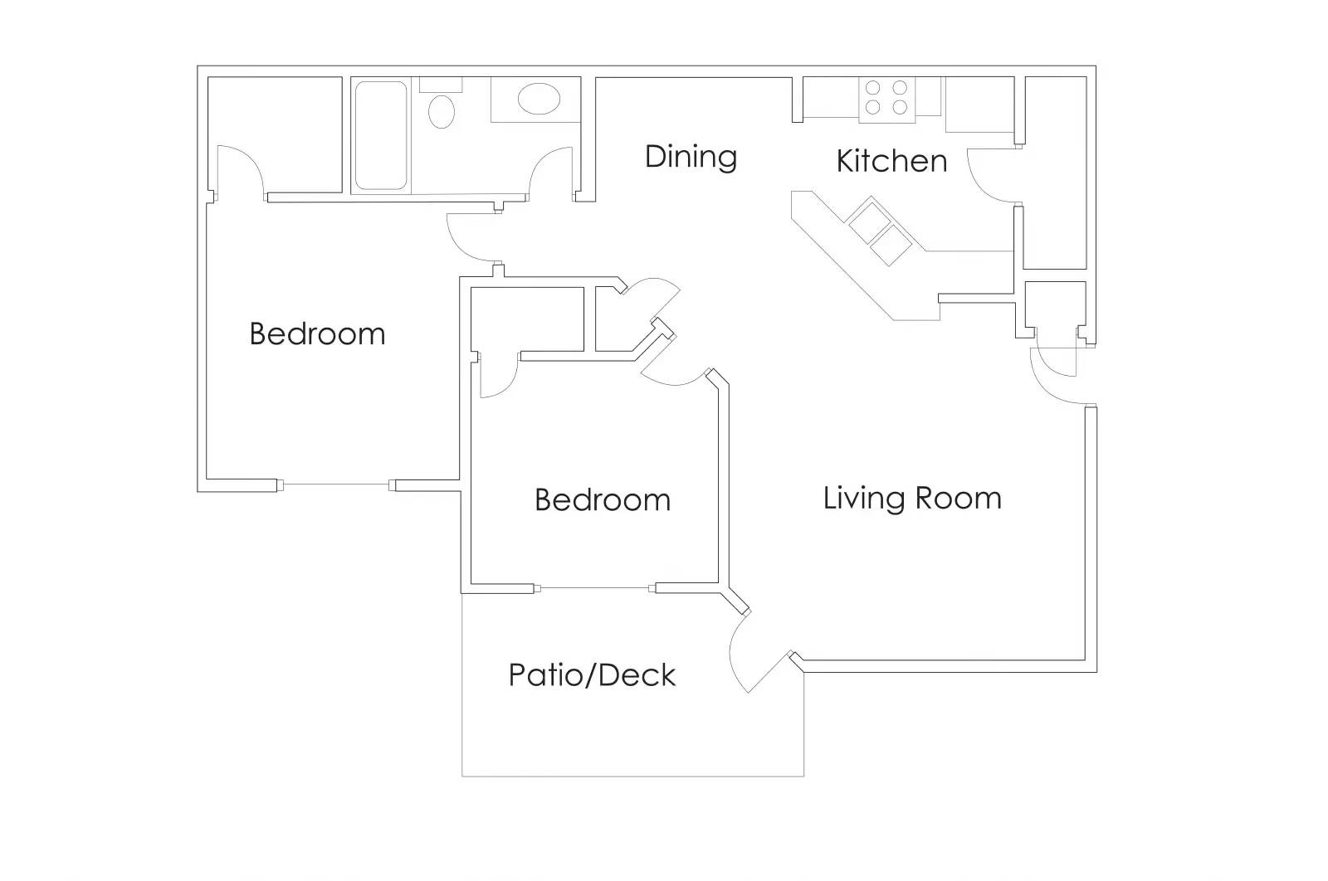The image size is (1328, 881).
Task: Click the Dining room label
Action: (691, 157)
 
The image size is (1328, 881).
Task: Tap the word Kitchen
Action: (891, 161)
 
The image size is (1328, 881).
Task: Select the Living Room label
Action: (912, 498)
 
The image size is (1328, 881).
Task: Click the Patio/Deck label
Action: (592, 675)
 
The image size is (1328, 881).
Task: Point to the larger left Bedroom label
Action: (317, 333)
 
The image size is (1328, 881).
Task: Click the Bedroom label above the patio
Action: (602, 499)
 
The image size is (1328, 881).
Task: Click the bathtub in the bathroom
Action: (380, 135)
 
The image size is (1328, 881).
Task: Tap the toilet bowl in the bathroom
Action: (442, 111)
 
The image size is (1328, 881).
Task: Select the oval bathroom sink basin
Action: (539, 99)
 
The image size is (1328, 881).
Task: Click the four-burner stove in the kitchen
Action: (886, 97)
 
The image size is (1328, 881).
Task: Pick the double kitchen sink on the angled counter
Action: (880, 231)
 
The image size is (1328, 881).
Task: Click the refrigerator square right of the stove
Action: (979, 104)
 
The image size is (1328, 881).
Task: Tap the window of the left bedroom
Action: (336, 485)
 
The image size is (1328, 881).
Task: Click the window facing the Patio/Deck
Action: (594, 589)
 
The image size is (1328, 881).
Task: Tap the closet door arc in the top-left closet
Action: (242, 170)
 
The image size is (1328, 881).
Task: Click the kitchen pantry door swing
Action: (992, 174)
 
